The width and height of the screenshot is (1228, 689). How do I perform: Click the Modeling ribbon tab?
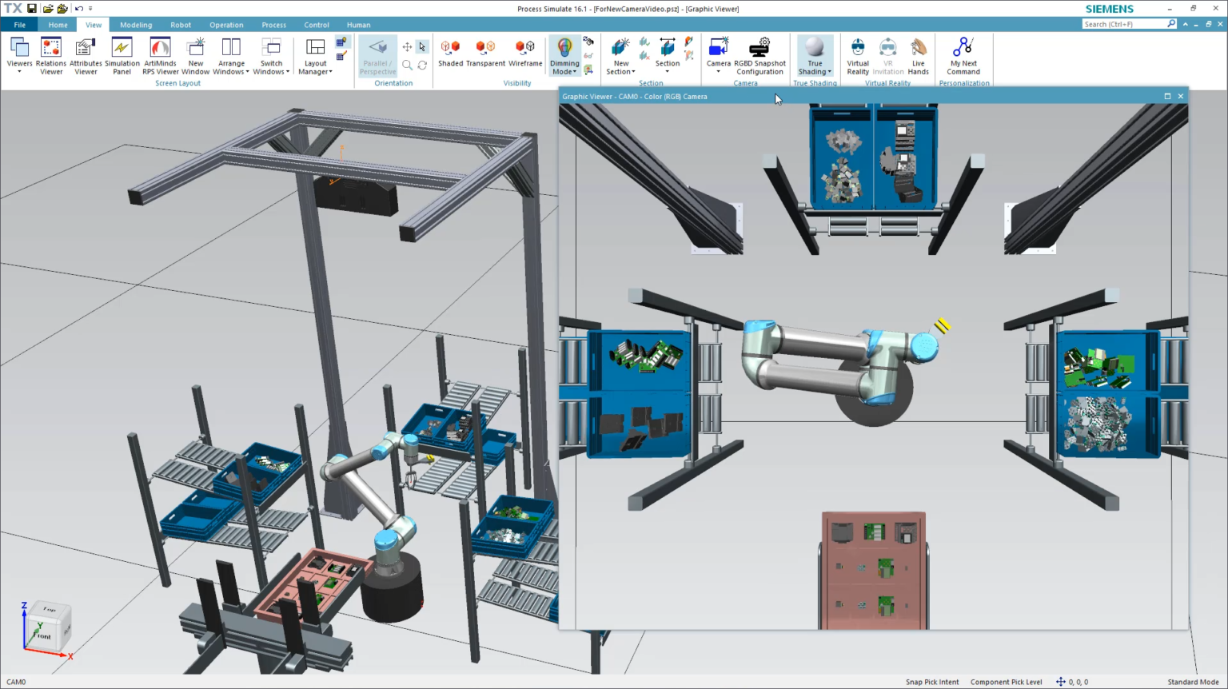tap(136, 25)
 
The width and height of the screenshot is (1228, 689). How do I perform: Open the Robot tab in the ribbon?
tap(181, 25)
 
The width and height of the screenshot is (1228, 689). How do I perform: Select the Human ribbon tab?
tap(358, 25)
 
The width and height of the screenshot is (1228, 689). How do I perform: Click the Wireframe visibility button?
tap(525, 54)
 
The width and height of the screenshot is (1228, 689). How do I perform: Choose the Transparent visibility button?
tap(485, 54)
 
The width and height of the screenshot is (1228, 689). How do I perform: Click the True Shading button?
tap(815, 55)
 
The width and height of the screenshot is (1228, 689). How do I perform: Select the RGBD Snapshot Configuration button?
tap(760, 55)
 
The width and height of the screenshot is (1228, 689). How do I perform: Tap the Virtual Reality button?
tap(858, 55)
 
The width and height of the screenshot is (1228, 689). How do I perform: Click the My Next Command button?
tap(963, 55)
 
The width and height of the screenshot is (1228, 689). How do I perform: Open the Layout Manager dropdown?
tap(315, 57)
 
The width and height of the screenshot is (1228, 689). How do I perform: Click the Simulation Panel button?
tap(122, 55)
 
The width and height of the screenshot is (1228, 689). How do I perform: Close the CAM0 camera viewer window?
tap(1181, 96)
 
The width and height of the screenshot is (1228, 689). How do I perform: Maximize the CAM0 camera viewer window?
tap(1167, 96)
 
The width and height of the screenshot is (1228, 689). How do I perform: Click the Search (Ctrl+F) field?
tap(1124, 24)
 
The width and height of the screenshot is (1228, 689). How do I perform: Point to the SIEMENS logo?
tap(1109, 9)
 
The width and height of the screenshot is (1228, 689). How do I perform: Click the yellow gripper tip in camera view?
tap(943, 325)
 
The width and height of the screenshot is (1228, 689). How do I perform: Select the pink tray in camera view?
tap(873, 569)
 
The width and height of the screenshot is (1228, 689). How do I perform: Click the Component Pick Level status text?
tap(1006, 682)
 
